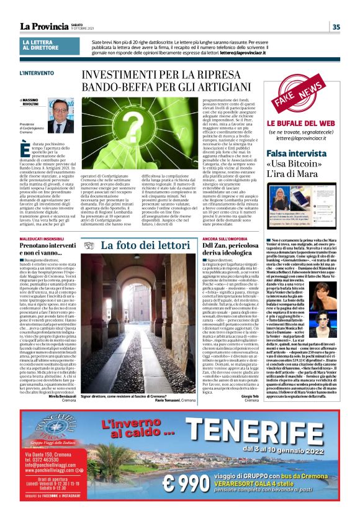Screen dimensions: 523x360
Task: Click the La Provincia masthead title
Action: click(43, 26)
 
